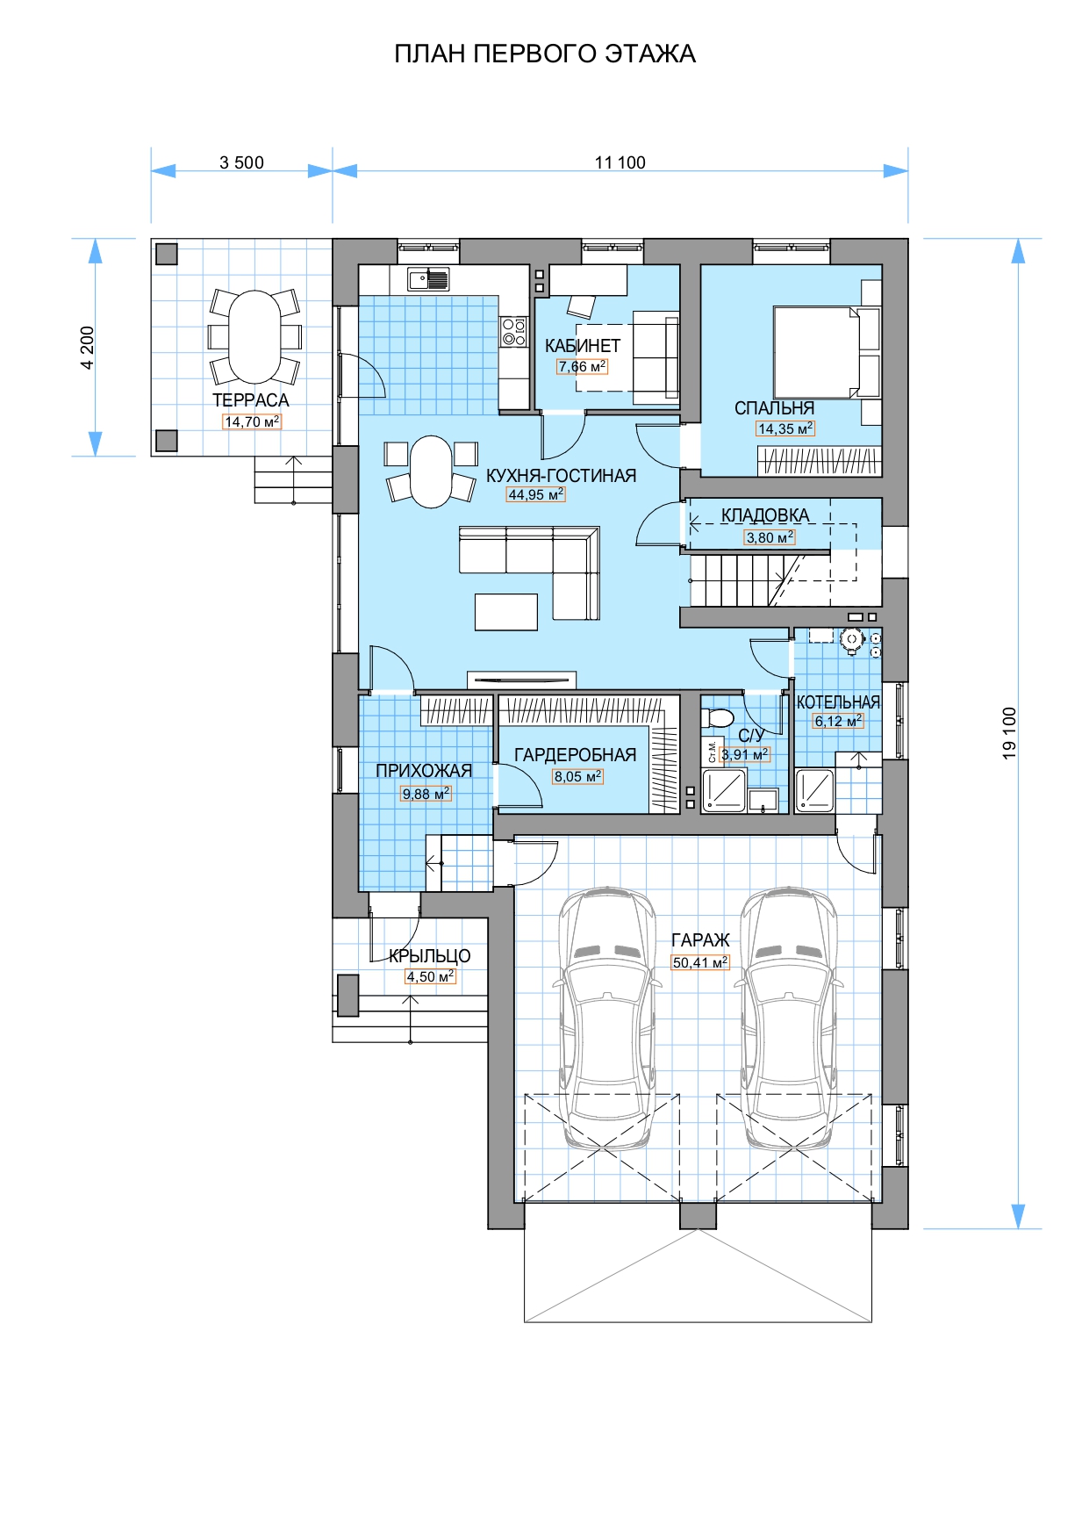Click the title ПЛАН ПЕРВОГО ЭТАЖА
point(545,54)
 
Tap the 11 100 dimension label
point(620,162)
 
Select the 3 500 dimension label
point(241,162)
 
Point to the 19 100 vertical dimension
point(1009,733)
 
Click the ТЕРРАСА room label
point(250,400)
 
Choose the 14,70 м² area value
point(252,421)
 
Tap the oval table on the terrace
point(255,337)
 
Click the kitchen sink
point(427,279)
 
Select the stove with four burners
point(513,331)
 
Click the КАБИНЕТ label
point(583,346)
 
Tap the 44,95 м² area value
point(536,494)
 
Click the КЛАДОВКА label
point(765,515)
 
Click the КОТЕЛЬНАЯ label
point(838,702)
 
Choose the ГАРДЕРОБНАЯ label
point(575,755)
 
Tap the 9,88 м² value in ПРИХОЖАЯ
point(426,794)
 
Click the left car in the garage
point(607,1018)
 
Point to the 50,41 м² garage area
point(700,962)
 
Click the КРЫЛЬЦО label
point(430,956)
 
